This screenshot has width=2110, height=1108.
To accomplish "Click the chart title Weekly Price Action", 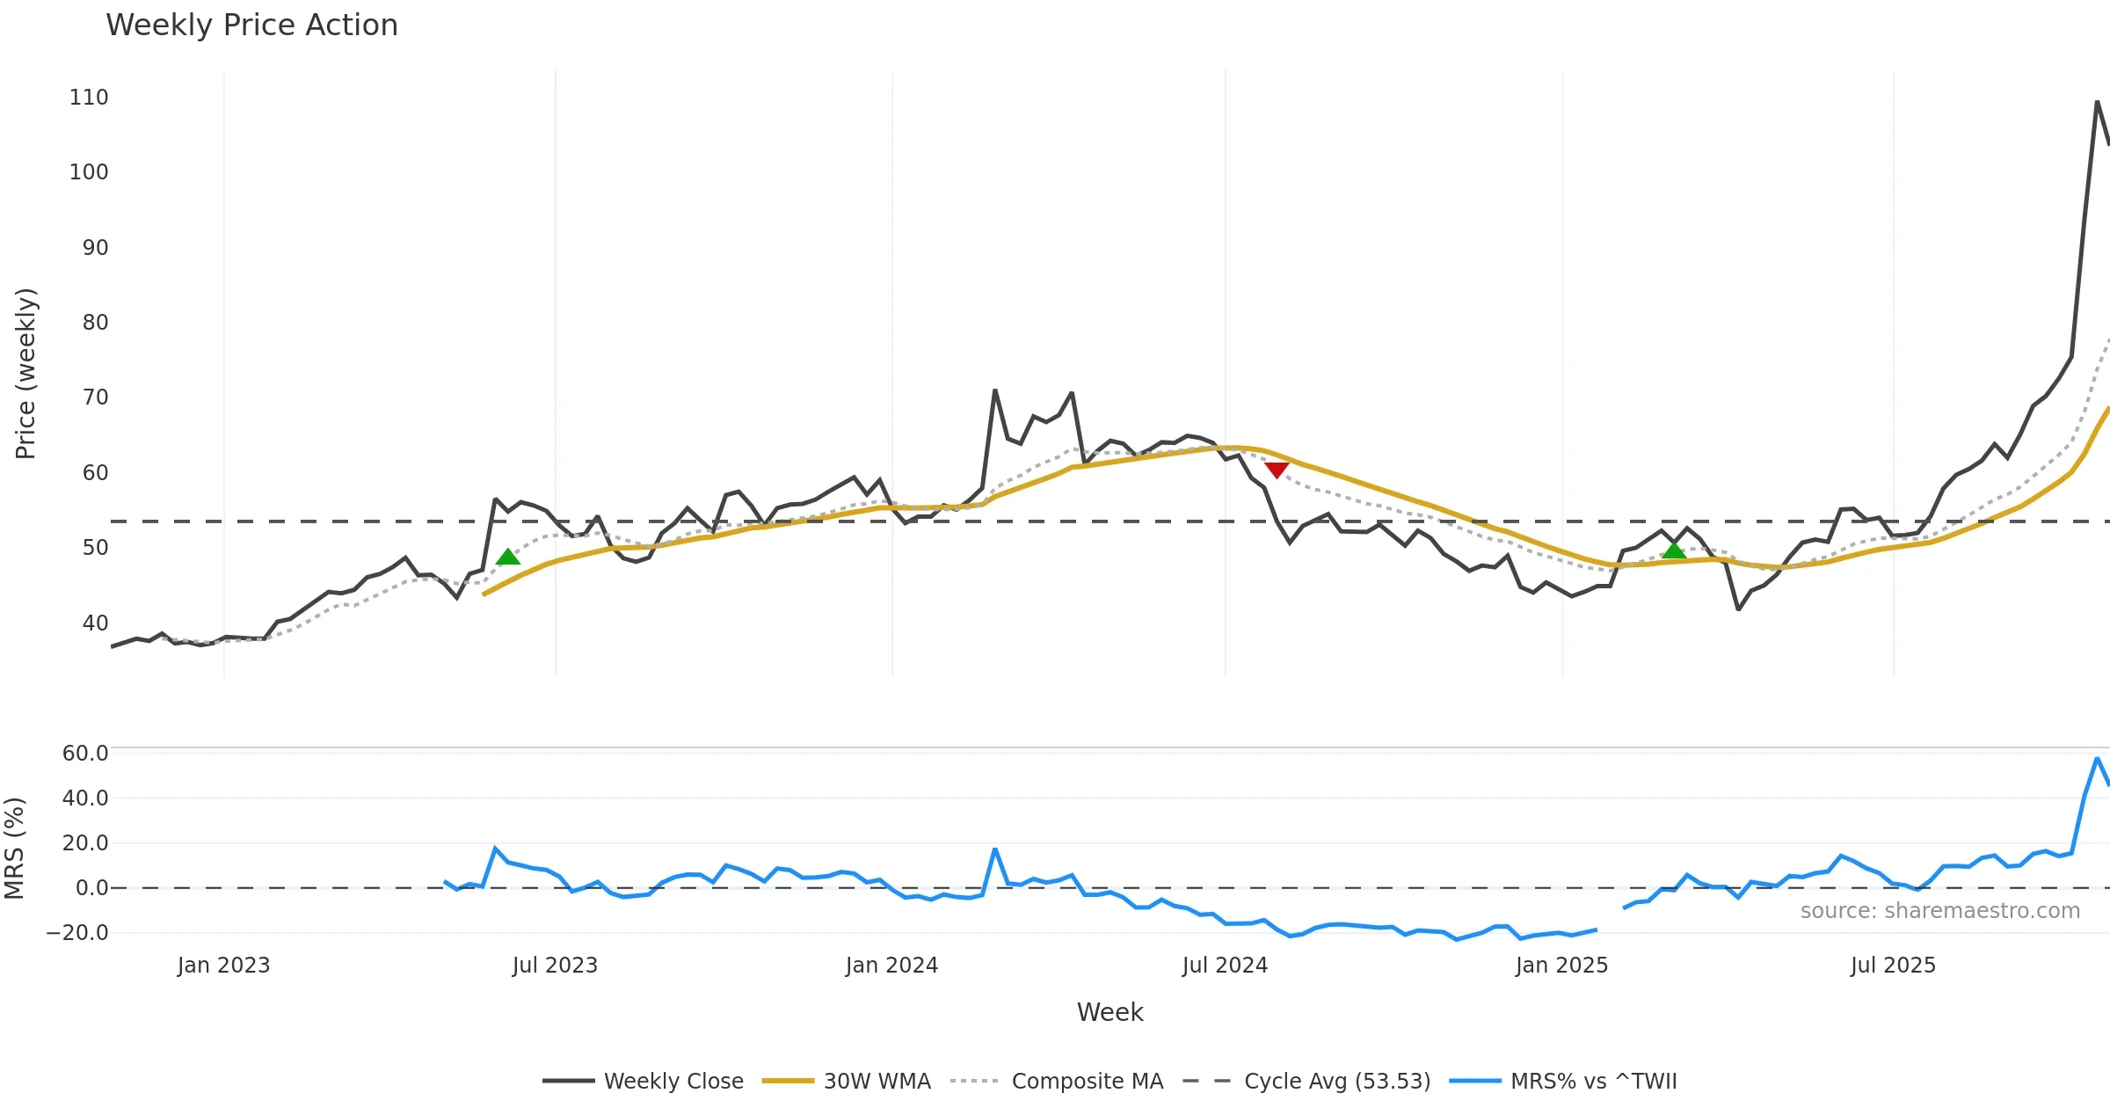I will [251, 26].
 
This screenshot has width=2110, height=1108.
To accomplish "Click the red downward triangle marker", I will [1277, 470].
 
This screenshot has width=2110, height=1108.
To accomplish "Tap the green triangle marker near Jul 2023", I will [508, 557].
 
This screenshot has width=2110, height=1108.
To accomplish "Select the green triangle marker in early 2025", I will [1674, 550].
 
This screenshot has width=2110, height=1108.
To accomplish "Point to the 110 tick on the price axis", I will [89, 98].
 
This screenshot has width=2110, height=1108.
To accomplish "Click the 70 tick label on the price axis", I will [95, 397].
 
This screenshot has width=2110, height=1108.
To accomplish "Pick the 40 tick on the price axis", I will [95, 623].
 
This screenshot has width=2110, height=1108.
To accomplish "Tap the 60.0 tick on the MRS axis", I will [85, 754].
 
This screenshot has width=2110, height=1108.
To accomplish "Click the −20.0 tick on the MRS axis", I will [77, 933].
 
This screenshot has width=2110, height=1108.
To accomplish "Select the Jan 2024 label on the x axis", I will [891, 966].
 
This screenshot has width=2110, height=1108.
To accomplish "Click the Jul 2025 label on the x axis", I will [1893, 966].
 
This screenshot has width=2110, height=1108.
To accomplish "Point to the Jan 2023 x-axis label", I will [223, 966].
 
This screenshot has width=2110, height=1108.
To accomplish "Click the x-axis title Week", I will [1110, 1012].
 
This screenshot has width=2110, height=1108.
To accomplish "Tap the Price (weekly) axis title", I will [25, 374].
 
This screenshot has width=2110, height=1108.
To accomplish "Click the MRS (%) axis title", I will [14, 848].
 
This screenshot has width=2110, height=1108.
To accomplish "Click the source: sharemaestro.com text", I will [1939, 911].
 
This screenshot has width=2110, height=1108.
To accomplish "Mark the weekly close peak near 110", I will [2097, 102].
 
